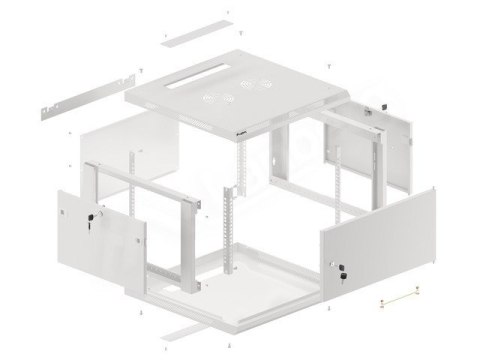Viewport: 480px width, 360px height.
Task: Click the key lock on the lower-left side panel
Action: point(96,217)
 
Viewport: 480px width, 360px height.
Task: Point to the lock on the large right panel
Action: point(346,267)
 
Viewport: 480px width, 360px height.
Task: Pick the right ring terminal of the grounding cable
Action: point(413,292)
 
